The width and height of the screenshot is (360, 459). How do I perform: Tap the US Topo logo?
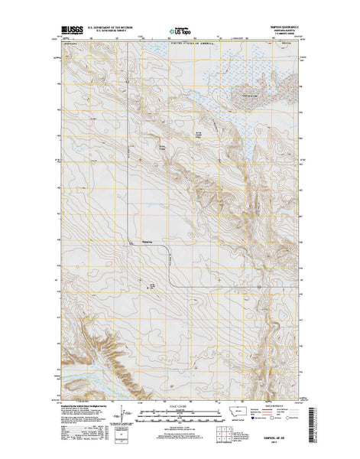click(x=179, y=33)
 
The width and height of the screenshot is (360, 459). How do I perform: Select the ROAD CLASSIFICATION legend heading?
click(x=274, y=405)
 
